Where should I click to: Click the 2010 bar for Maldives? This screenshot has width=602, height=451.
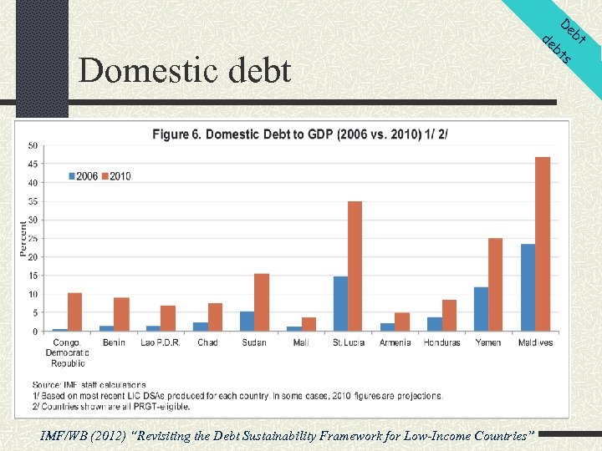click(x=543, y=244)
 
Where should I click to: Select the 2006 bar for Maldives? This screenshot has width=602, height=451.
click(x=528, y=287)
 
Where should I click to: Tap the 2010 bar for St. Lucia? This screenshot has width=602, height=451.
click(x=355, y=266)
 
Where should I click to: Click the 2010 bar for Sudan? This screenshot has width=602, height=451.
click(x=262, y=302)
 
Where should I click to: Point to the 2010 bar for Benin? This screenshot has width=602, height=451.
click(x=122, y=314)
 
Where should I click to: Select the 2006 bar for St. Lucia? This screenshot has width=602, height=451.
click(x=340, y=303)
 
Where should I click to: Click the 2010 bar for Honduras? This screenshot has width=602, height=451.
click(x=449, y=315)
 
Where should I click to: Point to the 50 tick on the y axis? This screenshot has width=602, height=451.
click(x=33, y=146)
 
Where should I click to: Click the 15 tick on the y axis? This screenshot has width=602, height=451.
click(x=33, y=276)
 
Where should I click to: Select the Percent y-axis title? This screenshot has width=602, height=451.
click(x=24, y=239)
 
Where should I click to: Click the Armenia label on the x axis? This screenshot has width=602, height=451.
click(x=395, y=342)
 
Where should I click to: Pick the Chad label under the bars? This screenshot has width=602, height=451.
click(x=207, y=342)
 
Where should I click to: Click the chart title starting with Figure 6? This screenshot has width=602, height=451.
click(x=299, y=134)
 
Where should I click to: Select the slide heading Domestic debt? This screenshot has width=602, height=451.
click(x=185, y=70)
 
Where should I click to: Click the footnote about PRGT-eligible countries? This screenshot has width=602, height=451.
click(x=111, y=407)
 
